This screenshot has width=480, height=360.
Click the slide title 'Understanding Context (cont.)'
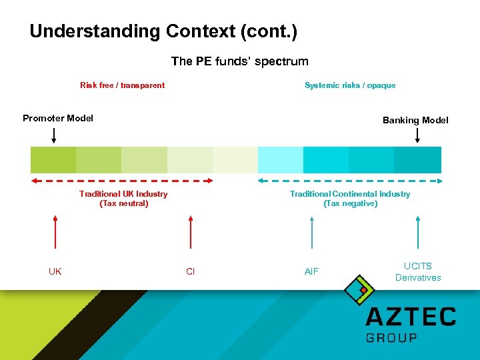coord(163,31)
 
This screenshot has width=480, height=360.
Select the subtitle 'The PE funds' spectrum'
coord(239,61)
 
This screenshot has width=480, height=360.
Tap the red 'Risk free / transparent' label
coord(122,85)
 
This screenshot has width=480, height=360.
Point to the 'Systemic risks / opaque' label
coord(349,85)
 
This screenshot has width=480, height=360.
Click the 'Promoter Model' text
coord(58,119)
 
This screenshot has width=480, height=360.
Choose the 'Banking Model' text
coord(415,121)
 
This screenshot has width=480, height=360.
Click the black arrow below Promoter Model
coord(54,135)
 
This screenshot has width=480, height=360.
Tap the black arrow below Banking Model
coord(417,135)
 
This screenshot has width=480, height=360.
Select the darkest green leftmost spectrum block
coord(53,160)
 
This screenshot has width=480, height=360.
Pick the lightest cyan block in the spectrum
coord(280,160)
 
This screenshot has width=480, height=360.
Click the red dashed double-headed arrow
coord(122,180)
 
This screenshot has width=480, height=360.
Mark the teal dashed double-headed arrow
coord(349,180)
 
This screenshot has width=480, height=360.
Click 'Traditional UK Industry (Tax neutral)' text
coord(123,199)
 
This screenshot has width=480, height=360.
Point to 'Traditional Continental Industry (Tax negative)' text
coord(350,199)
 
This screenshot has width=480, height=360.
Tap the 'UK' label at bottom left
coord(55,271)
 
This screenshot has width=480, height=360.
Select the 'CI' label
coord(191,271)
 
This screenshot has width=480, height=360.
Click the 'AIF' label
coord(311,271)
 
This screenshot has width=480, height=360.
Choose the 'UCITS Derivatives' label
coord(418,272)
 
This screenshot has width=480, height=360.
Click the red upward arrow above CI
coord(191,232)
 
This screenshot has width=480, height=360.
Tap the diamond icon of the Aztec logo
coord(359,289)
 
